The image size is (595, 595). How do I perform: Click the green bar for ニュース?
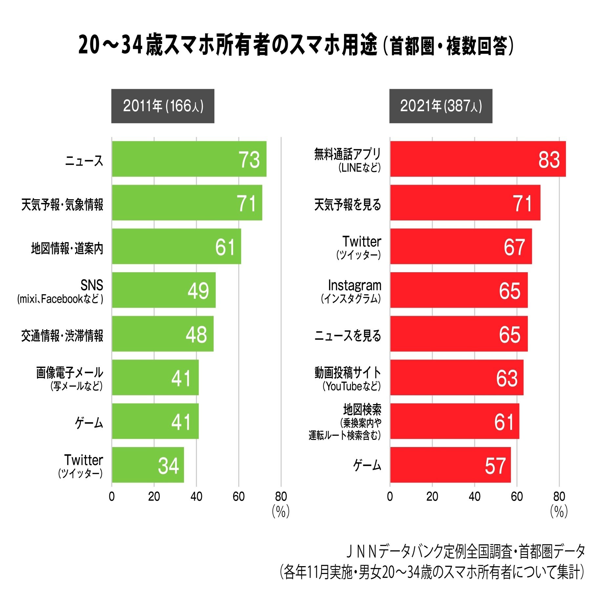pyautogui.click(x=189, y=159)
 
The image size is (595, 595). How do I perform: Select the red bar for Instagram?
pyautogui.click(x=459, y=290)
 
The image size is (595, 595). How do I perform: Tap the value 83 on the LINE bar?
pyautogui.click(x=548, y=160)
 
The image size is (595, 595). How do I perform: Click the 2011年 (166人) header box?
pyautogui.click(x=163, y=106)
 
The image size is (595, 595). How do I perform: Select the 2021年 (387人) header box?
pyautogui.click(x=441, y=106)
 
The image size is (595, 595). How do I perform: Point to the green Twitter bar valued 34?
pyautogui.click(x=148, y=465)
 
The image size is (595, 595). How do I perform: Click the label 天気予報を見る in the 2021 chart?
pyautogui.click(x=348, y=204)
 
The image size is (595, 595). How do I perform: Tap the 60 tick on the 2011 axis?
pyautogui.click(x=238, y=497)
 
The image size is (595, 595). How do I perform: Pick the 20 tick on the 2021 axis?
pyautogui.click(x=432, y=497)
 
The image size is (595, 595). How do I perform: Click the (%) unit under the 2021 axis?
pyautogui.click(x=559, y=511)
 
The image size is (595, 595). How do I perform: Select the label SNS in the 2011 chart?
pyautogui.click(x=92, y=285)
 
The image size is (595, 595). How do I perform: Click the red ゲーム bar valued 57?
pyautogui.click(x=450, y=465)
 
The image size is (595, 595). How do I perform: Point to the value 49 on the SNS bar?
pyautogui.click(x=198, y=291)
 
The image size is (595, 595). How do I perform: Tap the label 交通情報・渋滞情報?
pyautogui.click(x=62, y=336)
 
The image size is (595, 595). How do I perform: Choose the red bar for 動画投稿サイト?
pyautogui.click(x=457, y=378)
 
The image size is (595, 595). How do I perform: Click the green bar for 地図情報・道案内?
pyautogui.click(x=176, y=246)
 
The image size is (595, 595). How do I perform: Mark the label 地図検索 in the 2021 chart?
pyautogui.click(x=362, y=410)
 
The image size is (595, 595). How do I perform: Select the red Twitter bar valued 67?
pyautogui.click(x=461, y=246)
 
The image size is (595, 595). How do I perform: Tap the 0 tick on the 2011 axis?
pyautogui.click(x=112, y=497)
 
